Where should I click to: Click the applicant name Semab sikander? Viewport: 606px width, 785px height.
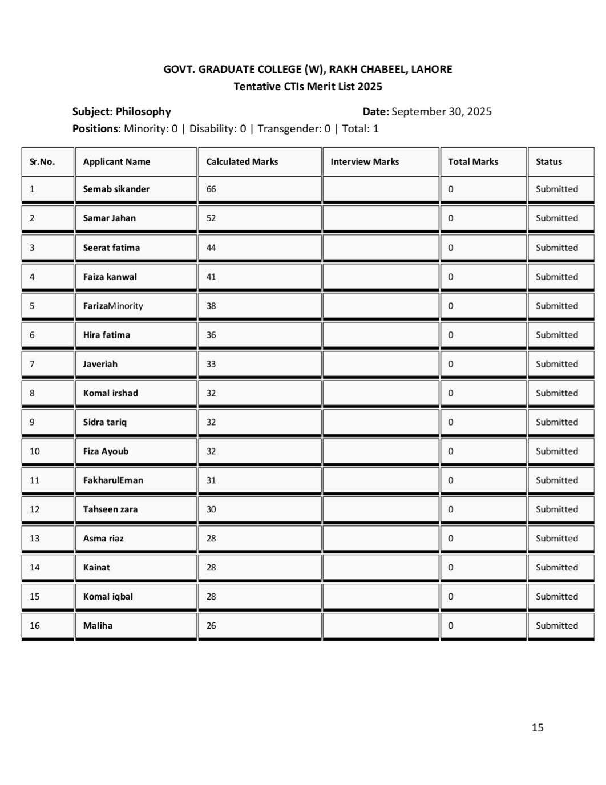tap(116, 189)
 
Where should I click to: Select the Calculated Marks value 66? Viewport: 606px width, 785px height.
tap(211, 189)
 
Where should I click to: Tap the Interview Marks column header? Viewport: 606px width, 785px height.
tap(365, 161)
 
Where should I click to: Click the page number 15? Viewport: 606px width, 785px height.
tap(538, 727)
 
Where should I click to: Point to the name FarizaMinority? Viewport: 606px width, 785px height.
tap(113, 306)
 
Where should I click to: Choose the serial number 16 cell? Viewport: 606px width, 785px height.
tap(35, 625)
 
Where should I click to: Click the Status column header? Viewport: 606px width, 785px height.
tap(549, 161)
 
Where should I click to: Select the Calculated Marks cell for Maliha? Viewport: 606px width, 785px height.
tap(211, 625)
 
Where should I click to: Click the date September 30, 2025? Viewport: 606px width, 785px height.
tap(441, 111)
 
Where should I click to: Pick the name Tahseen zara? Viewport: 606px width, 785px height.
tap(110, 509)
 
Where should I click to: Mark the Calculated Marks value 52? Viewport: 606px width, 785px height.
tap(211, 218)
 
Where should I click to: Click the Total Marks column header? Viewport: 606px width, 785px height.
tap(473, 161)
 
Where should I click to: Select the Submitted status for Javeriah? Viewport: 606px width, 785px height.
tap(556, 364)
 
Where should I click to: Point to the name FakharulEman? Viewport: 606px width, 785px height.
tap(113, 480)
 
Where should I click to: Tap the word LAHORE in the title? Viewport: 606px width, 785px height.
tap(431, 70)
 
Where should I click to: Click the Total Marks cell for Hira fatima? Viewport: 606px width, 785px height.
tap(451, 335)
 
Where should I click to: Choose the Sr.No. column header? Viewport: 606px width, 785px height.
tap(42, 161)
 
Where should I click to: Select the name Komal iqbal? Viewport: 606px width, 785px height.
tap(108, 596)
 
